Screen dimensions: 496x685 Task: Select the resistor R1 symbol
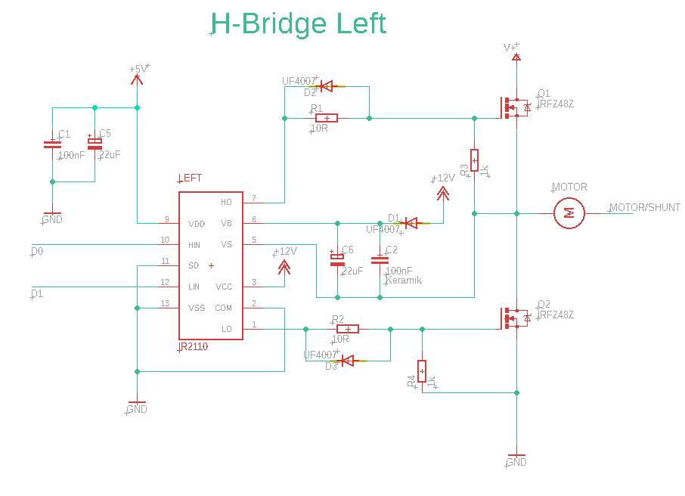pyautogui.click(x=326, y=118)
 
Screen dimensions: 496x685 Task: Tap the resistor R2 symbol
pyautogui.click(x=347, y=329)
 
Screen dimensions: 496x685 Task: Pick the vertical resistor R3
pyautogui.click(x=474, y=160)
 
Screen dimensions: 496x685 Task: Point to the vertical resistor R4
pyautogui.click(x=422, y=371)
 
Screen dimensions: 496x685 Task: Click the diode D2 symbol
pyautogui.click(x=327, y=87)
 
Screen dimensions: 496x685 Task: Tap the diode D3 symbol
pyautogui.click(x=348, y=361)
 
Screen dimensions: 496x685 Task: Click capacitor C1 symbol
pyautogui.click(x=52, y=144)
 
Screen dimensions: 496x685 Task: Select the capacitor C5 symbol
pyautogui.click(x=95, y=144)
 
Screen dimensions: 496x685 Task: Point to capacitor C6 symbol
pyautogui.click(x=337, y=259)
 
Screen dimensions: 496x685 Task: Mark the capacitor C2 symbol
pyautogui.click(x=380, y=259)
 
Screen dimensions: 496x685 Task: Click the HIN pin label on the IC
pyautogui.click(x=194, y=245)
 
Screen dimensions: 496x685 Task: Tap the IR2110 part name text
pyautogui.click(x=193, y=348)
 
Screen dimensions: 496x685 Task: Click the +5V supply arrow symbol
pyautogui.click(x=137, y=76)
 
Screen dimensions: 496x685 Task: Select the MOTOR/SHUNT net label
pyautogui.click(x=645, y=207)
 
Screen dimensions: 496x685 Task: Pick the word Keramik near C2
pyautogui.click(x=403, y=281)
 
